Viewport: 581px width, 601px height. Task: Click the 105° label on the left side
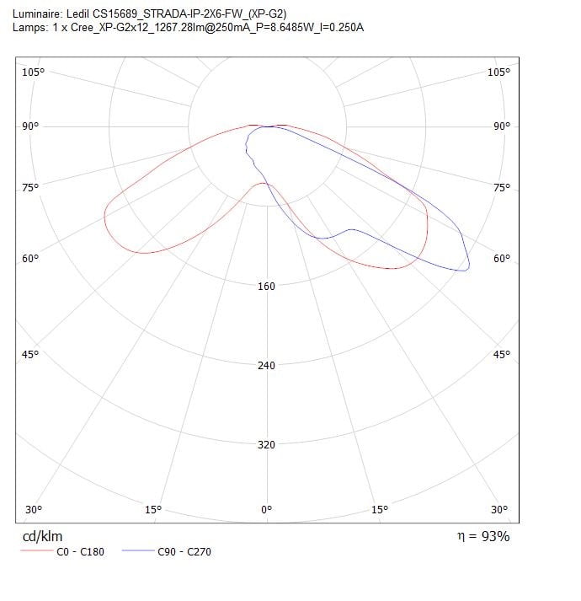tap(33, 72)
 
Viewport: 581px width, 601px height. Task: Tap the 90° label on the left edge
tap(30, 126)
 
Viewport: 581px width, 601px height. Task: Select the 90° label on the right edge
tap(502, 126)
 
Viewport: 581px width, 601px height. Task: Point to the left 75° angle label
tap(30, 187)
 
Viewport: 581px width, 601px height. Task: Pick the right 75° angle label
tap(502, 187)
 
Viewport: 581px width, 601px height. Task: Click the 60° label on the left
tap(30, 258)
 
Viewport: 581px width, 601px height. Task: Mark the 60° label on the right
tap(502, 258)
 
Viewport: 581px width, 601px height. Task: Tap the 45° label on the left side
tap(30, 354)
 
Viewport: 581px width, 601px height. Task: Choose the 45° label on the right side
tap(502, 354)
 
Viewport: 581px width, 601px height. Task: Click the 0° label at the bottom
tap(267, 509)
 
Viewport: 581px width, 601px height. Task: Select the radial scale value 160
tap(266, 287)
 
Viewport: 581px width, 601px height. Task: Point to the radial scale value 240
tap(266, 366)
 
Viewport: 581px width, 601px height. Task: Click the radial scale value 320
tap(266, 445)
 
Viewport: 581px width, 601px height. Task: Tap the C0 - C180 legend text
tap(80, 552)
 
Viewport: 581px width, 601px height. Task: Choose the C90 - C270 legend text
tap(185, 552)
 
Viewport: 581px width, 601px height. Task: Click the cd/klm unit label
tap(41, 536)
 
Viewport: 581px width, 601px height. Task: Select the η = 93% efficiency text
tap(481, 535)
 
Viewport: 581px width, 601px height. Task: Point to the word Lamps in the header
tap(29, 27)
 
